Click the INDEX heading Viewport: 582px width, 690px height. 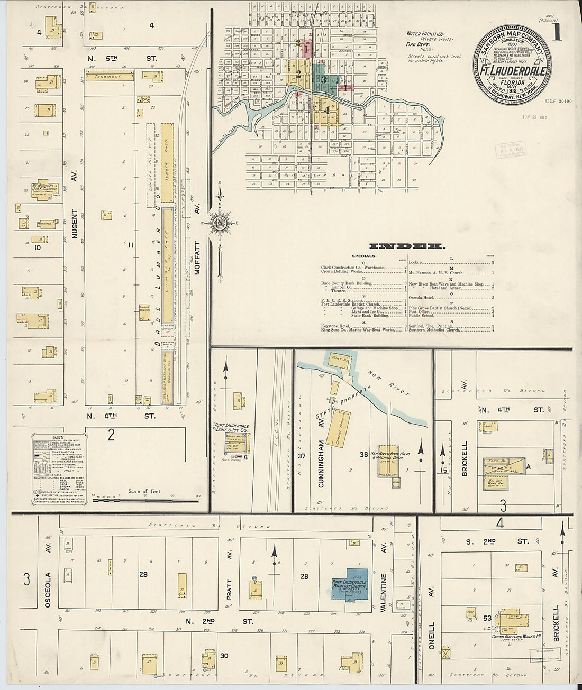point(407,246)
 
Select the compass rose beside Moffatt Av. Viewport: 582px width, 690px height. point(219,223)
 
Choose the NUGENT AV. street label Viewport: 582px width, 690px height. point(75,224)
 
